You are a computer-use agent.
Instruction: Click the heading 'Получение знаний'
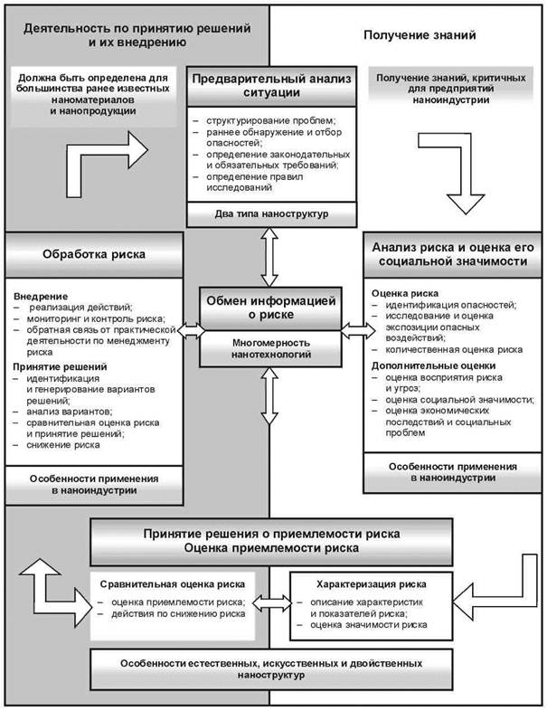(x=420, y=35)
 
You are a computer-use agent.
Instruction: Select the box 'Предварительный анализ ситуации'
(x=271, y=87)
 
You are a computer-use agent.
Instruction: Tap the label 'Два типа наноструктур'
(x=271, y=214)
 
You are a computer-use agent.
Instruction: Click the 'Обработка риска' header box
(x=94, y=254)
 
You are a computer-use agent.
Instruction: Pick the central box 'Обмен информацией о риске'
(x=271, y=308)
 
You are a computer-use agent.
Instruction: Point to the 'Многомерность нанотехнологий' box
(x=271, y=348)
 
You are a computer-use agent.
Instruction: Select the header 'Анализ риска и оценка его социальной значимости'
(x=453, y=254)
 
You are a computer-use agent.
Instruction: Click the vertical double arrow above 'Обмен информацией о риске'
(x=269, y=257)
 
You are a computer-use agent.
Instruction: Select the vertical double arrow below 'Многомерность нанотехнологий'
(x=269, y=396)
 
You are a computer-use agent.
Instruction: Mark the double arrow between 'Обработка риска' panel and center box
(x=192, y=330)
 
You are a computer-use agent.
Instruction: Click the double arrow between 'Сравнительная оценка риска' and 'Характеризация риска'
(x=272, y=602)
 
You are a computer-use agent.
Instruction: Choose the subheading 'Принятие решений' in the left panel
(x=60, y=366)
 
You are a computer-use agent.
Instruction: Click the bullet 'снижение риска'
(x=63, y=445)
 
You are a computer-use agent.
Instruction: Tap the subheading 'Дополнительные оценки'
(x=434, y=365)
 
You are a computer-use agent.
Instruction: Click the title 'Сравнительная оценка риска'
(x=172, y=584)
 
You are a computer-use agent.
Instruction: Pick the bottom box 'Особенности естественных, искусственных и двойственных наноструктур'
(x=271, y=668)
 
